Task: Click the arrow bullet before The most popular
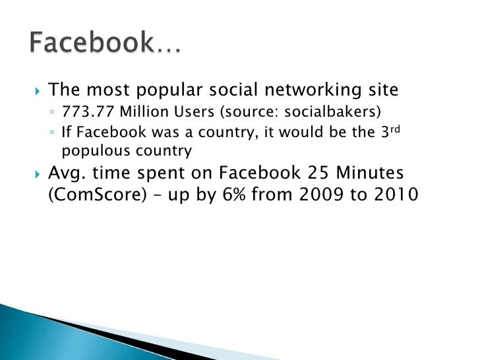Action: tap(36, 90)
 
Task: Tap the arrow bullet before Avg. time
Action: tap(36, 174)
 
